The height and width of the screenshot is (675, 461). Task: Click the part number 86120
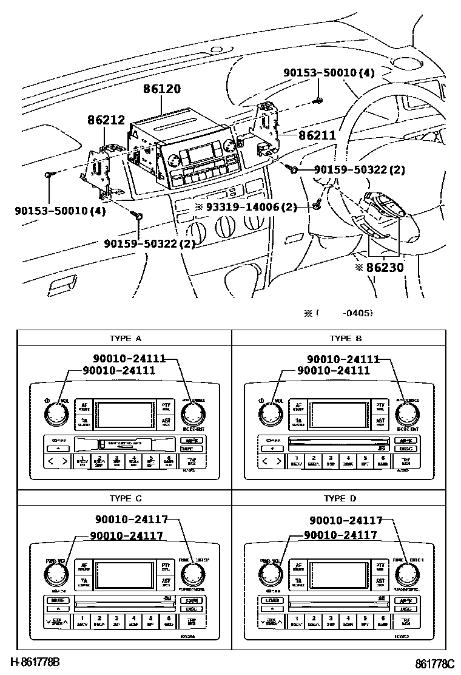click(x=162, y=89)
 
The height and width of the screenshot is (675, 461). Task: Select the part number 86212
click(x=106, y=121)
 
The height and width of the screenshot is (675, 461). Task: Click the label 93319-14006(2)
click(x=246, y=207)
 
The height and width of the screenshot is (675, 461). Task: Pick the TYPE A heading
click(x=125, y=339)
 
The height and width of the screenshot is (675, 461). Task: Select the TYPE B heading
click(x=346, y=339)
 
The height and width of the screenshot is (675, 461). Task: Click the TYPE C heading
click(x=125, y=498)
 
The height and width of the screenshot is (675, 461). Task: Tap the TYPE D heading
click(x=346, y=498)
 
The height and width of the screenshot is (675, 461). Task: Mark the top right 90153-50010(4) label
click(x=329, y=73)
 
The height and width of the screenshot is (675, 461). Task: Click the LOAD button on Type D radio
click(x=271, y=601)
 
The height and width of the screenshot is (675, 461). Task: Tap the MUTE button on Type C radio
click(x=58, y=600)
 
